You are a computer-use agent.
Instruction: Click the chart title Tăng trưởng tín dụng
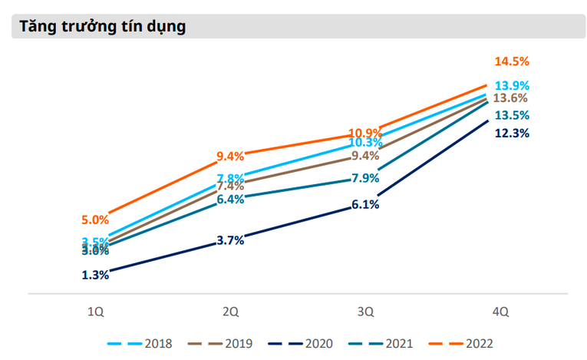(104, 27)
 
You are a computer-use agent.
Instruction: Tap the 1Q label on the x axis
(95, 312)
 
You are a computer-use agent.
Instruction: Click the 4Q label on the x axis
(500, 312)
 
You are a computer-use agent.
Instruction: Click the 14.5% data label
(511, 61)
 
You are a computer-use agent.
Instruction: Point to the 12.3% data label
(511, 133)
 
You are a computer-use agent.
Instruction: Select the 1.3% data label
(95, 275)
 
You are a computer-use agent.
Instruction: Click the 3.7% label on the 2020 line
(230, 240)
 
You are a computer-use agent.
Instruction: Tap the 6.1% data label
(365, 204)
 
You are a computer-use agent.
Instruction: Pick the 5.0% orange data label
(95, 220)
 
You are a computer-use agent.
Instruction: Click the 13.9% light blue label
(511, 85)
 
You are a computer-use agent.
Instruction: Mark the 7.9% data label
(365, 178)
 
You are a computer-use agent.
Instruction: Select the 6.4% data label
(230, 199)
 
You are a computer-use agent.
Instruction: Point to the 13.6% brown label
(511, 98)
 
